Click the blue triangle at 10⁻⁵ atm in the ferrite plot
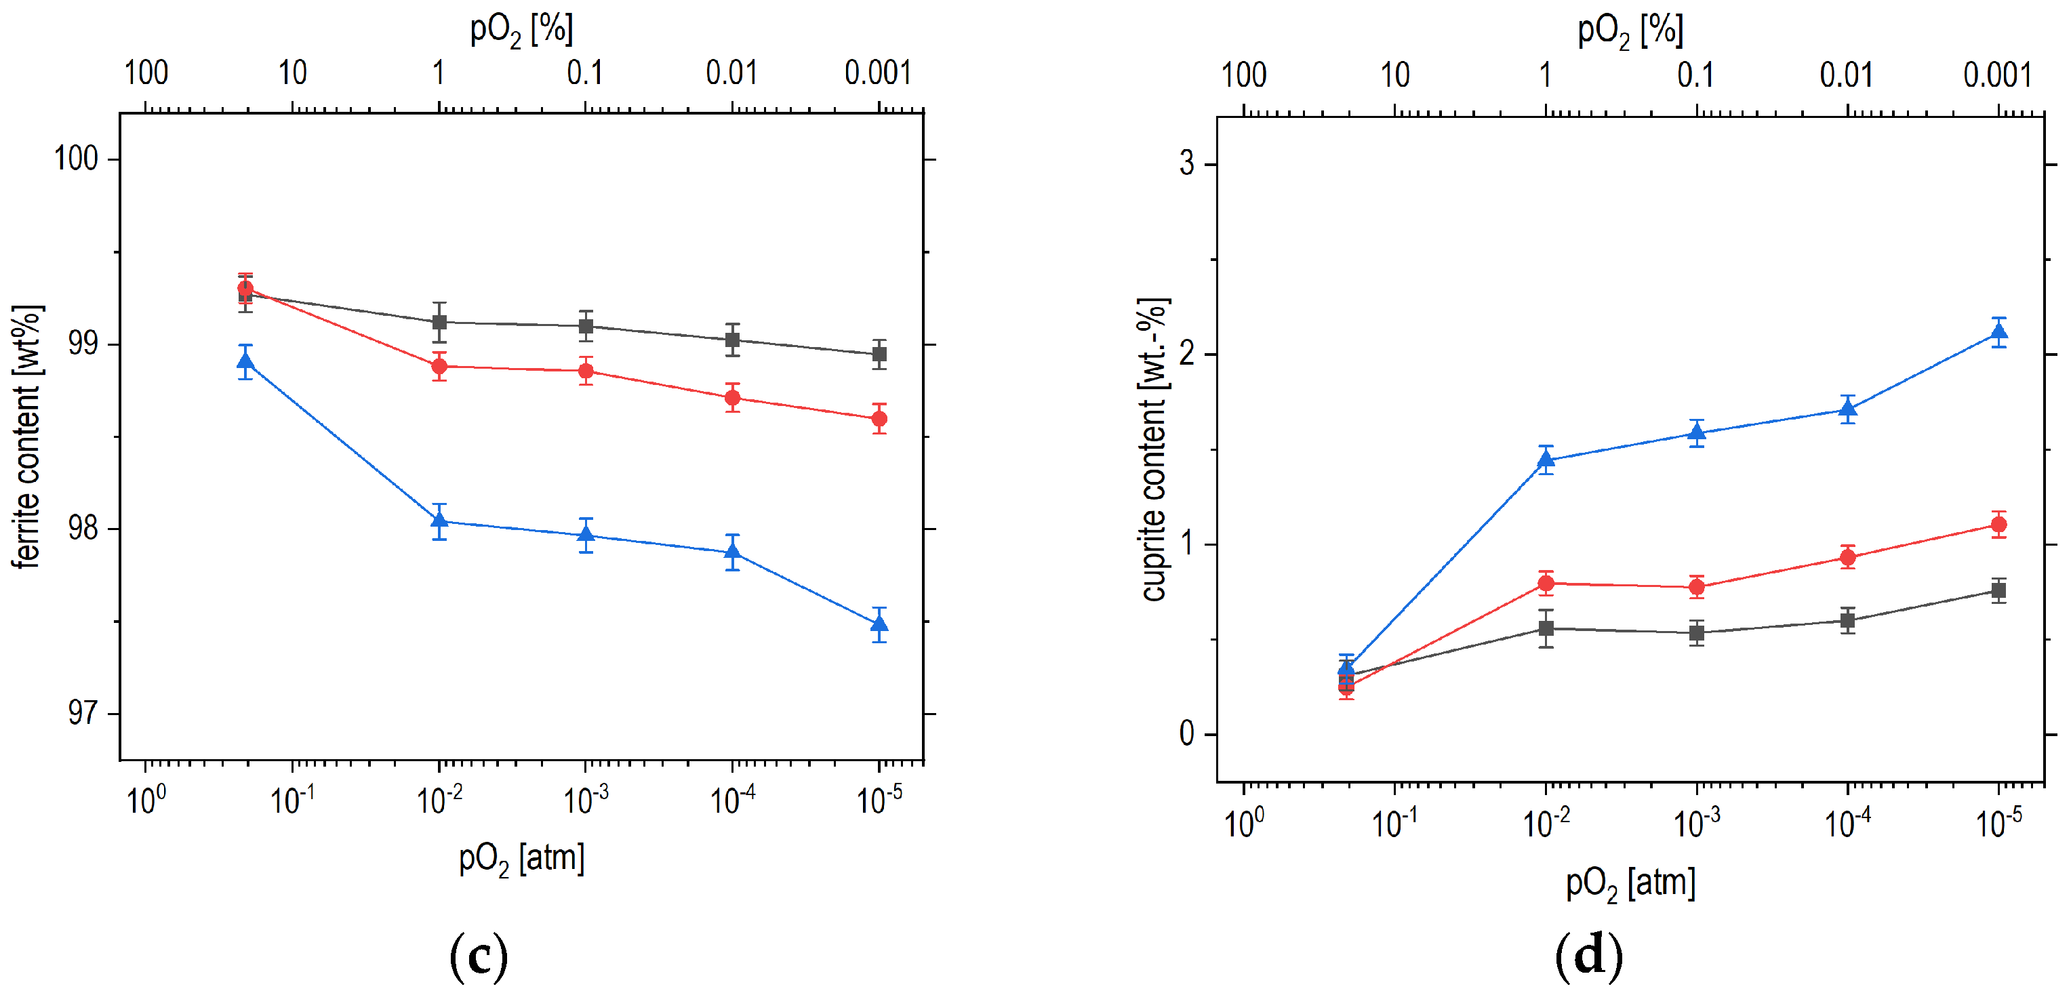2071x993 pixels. click(x=879, y=624)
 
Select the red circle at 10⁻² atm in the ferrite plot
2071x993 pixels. click(x=439, y=367)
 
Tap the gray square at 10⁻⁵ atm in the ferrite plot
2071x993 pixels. click(x=879, y=354)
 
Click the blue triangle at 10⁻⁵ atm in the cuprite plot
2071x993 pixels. click(x=1998, y=332)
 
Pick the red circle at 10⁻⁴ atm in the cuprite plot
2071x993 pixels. click(x=1847, y=557)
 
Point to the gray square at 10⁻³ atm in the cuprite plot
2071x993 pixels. click(x=1696, y=633)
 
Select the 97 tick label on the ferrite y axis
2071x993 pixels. click(x=83, y=713)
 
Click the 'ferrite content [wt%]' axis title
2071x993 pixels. click(x=26, y=437)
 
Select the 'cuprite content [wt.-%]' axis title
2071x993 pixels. click(x=1154, y=450)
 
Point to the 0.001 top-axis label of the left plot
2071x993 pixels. click(x=877, y=73)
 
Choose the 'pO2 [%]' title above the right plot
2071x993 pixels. click(x=1630, y=31)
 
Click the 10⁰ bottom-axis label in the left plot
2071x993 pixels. click(x=146, y=800)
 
